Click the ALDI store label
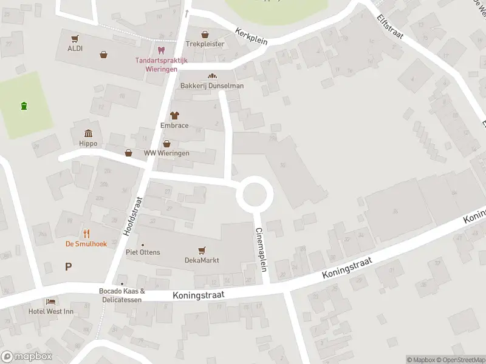click(x=75, y=48)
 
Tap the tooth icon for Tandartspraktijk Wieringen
click(x=161, y=50)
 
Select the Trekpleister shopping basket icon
click(x=205, y=35)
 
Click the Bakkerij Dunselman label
click(x=212, y=86)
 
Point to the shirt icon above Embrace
click(x=174, y=115)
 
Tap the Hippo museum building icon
click(x=89, y=133)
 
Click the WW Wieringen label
click(x=166, y=153)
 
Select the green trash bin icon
click(x=24, y=107)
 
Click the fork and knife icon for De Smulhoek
click(x=86, y=234)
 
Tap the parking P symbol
click(x=68, y=266)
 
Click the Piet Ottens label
click(x=143, y=252)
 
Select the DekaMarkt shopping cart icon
click(x=202, y=250)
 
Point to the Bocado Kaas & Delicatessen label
click(x=122, y=295)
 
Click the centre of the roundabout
click(x=255, y=194)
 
